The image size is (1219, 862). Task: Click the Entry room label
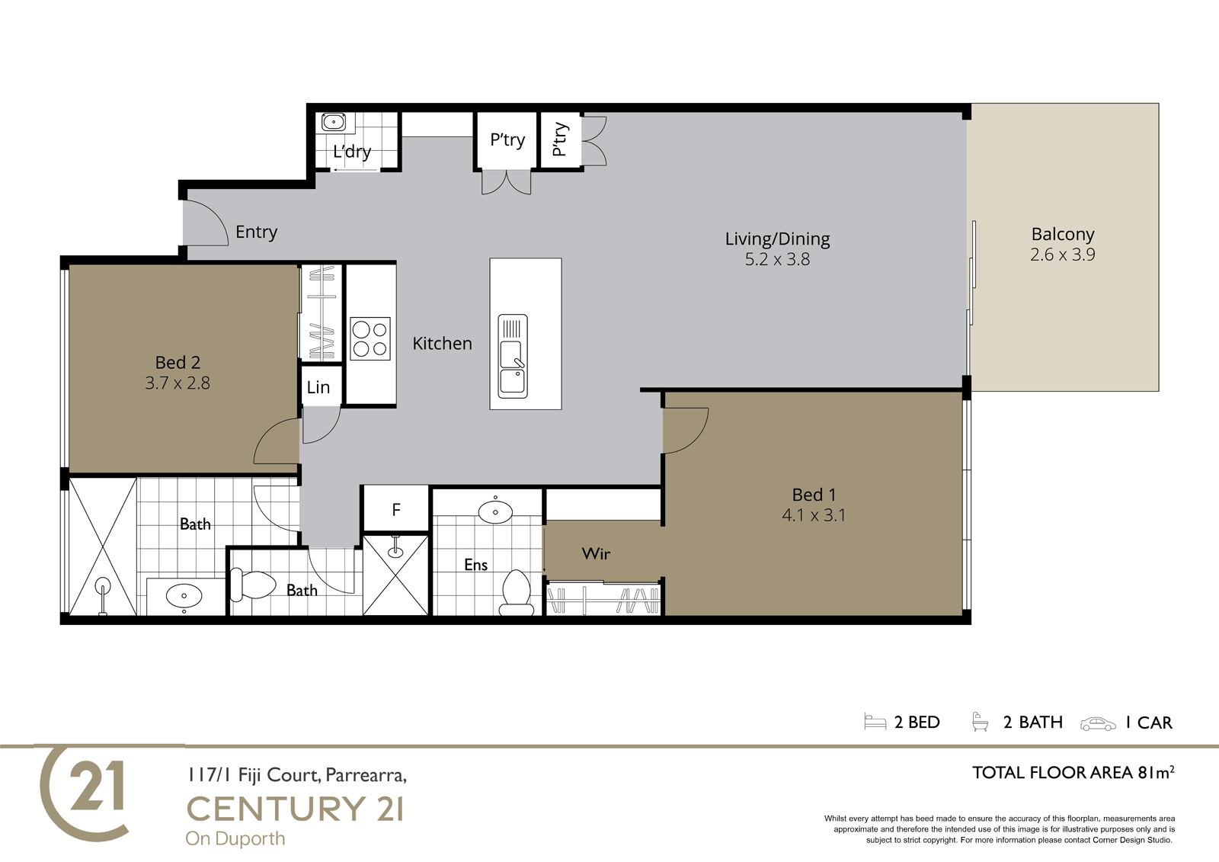pyautogui.click(x=256, y=232)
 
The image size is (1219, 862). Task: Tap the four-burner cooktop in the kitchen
pyautogui.click(x=370, y=338)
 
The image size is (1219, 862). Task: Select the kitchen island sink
pyautogui.click(x=513, y=356)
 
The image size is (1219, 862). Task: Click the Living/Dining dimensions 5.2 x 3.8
pyautogui.click(x=777, y=259)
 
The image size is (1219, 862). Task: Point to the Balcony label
pyautogui.click(x=1063, y=234)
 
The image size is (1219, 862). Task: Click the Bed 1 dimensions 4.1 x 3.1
pyautogui.click(x=814, y=515)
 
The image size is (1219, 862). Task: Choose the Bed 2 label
pyautogui.click(x=178, y=362)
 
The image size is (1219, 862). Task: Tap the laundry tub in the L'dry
pyautogui.click(x=334, y=122)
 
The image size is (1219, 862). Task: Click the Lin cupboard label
pyautogui.click(x=318, y=387)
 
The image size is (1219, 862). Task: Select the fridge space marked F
pyautogui.click(x=395, y=508)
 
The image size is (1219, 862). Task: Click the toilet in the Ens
pyautogui.click(x=516, y=592)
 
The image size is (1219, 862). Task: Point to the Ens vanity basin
pyautogui.click(x=495, y=512)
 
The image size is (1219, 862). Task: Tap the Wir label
pyautogui.click(x=596, y=554)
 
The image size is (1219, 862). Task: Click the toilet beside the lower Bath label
pyautogui.click(x=253, y=585)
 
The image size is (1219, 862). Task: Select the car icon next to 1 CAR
pyautogui.click(x=1098, y=724)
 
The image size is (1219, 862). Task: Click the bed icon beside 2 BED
pyautogui.click(x=875, y=722)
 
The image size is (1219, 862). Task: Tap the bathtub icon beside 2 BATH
pyautogui.click(x=980, y=722)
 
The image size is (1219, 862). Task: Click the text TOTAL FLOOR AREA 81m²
pyautogui.click(x=1073, y=772)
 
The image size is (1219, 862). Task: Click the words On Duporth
pyautogui.click(x=235, y=838)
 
